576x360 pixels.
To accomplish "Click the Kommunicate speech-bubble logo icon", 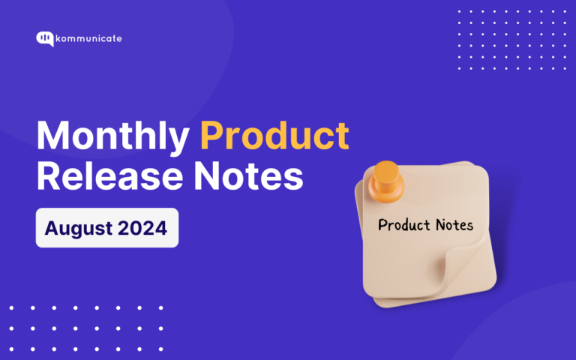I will click(44, 39).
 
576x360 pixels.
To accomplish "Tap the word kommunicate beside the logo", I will click(88, 38).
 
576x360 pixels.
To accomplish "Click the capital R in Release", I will click(49, 177).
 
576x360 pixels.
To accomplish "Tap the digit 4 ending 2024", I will click(160, 228).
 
